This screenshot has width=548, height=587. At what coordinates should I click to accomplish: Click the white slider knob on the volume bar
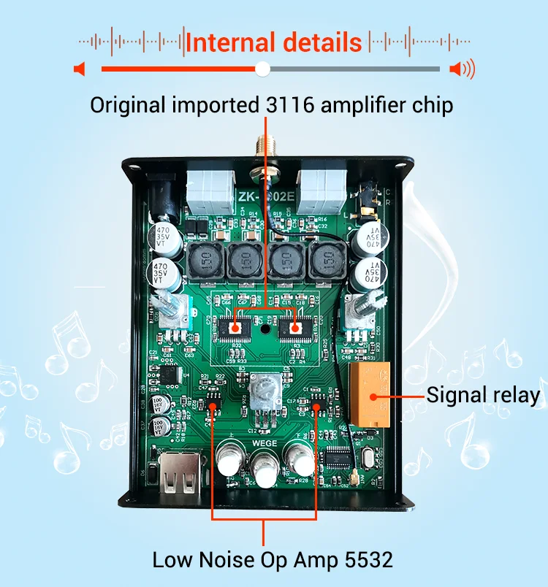[263, 69]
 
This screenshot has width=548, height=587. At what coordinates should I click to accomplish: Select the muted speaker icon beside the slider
[80, 69]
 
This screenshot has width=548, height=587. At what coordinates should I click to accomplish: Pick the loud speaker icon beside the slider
[462, 69]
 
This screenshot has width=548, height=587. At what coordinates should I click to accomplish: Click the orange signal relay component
[373, 395]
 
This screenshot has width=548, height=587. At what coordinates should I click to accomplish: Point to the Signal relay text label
[483, 395]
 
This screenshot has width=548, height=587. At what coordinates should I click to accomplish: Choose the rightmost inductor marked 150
[327, 261]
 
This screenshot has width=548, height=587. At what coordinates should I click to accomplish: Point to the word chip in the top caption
[432, 105]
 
